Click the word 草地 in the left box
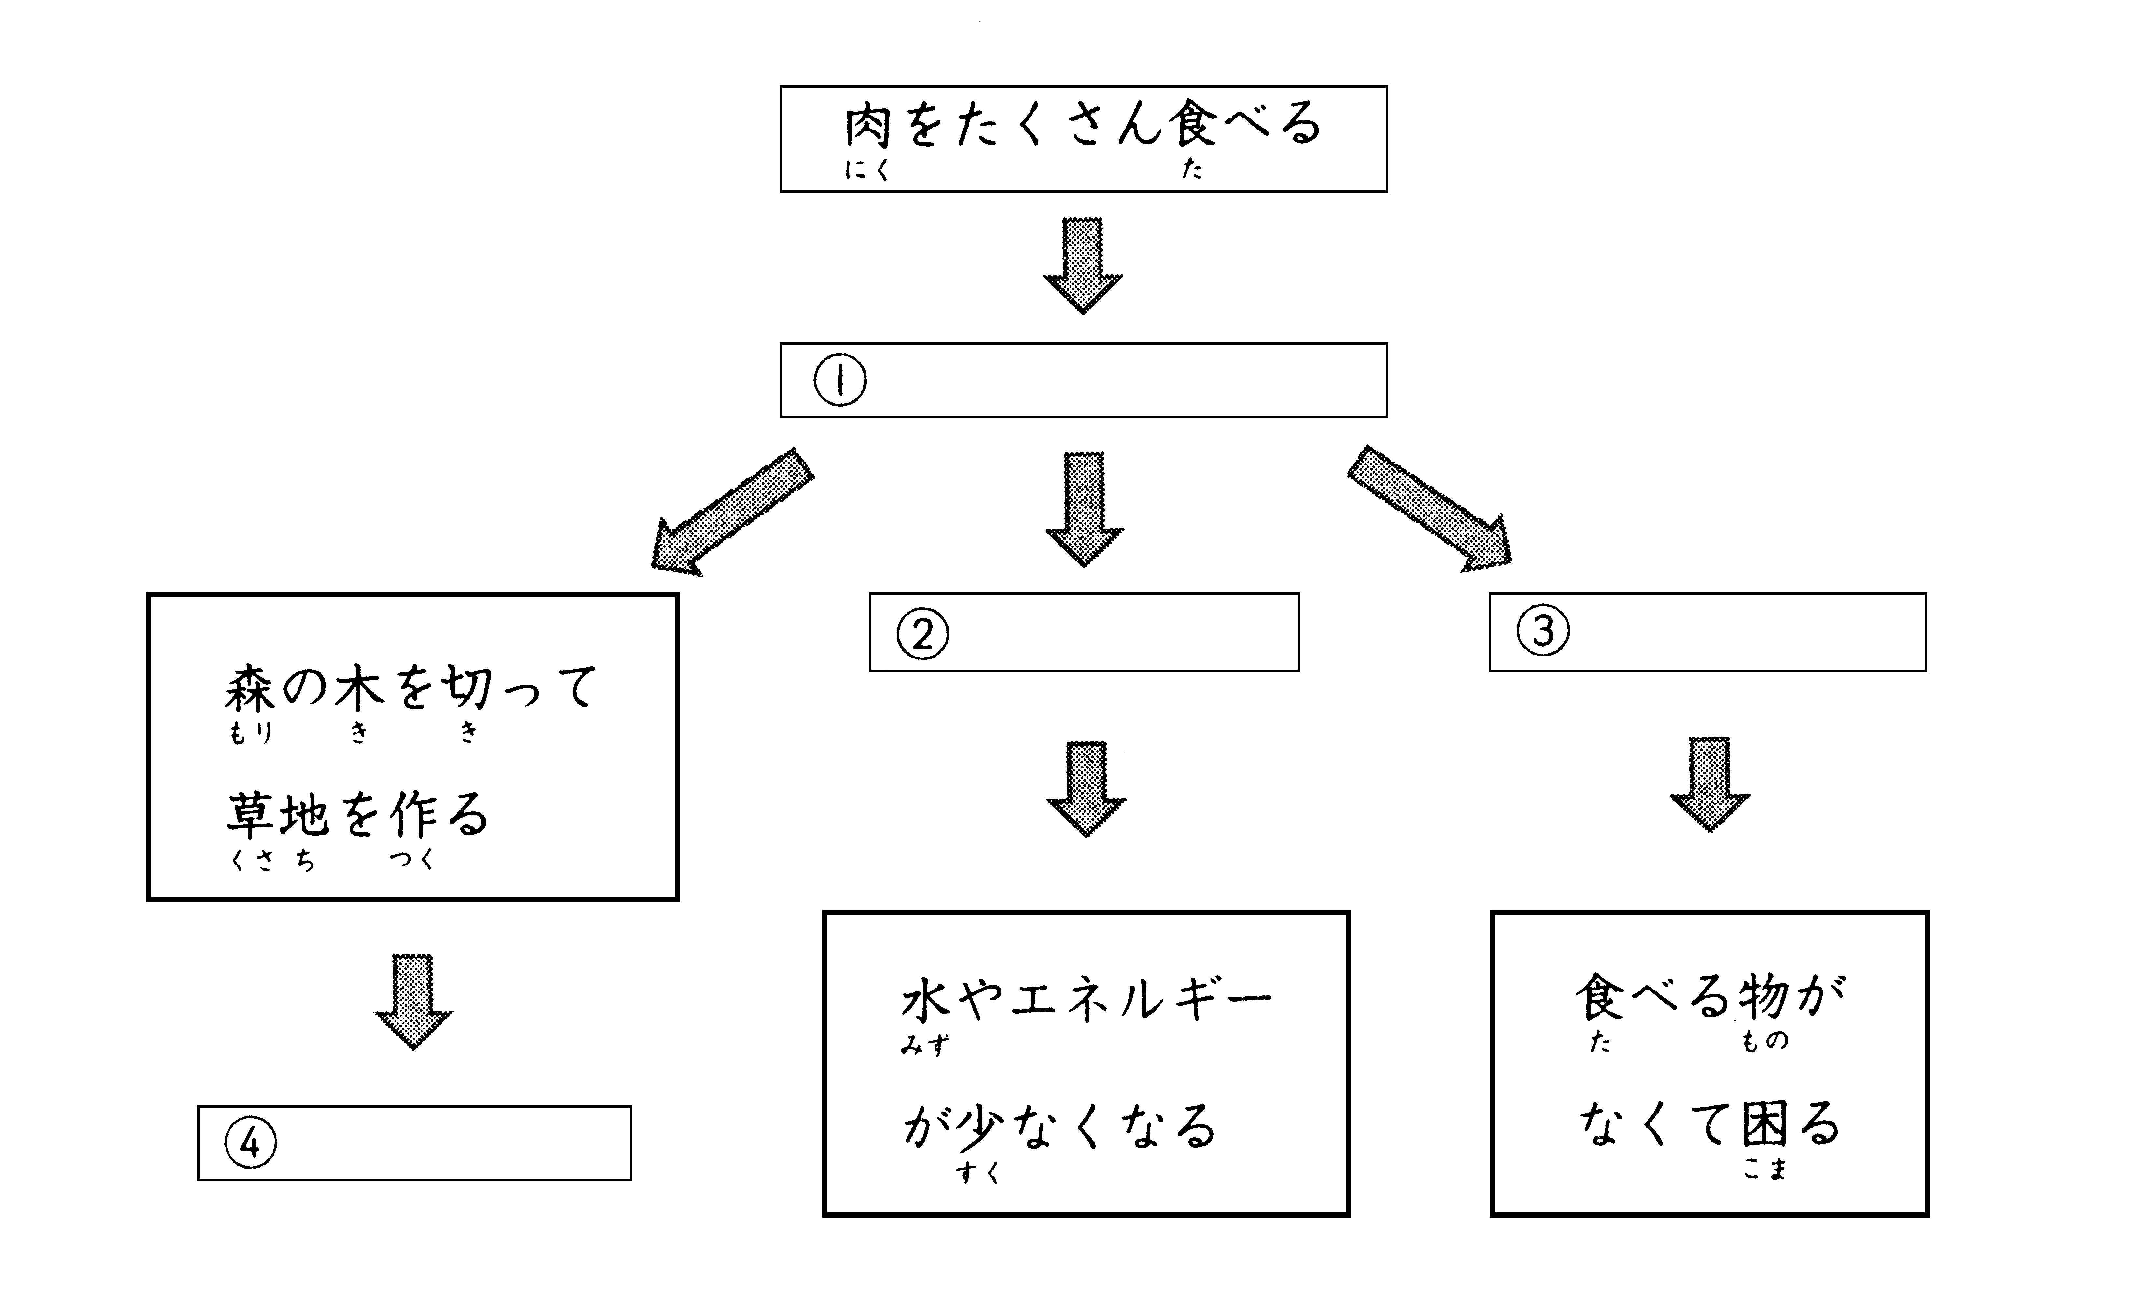(x=277, y=815)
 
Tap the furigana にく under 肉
(x=867, y=171)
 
